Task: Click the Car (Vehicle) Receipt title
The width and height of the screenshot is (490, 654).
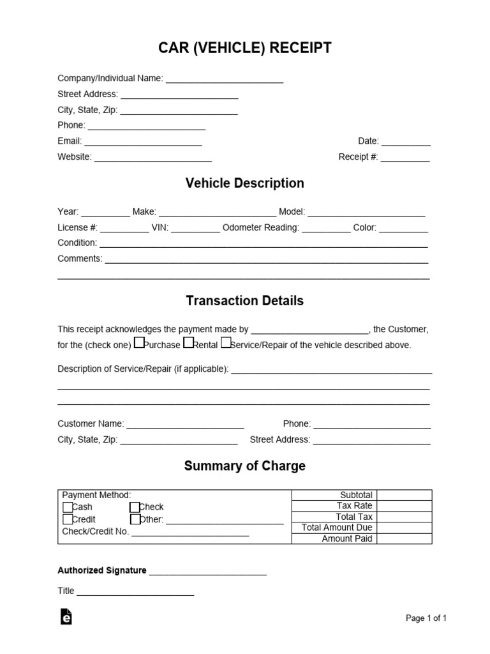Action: coord(245,49)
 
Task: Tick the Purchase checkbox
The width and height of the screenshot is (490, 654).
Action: coord(139,344)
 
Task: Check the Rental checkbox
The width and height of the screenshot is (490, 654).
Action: coord(188,344)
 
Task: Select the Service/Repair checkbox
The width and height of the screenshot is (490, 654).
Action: coord(225,344)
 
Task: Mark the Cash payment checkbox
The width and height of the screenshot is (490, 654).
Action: coord(68,507)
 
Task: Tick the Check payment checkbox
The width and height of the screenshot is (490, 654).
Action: coord(135,507)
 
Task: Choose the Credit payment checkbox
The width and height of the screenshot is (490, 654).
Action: coord(68,519)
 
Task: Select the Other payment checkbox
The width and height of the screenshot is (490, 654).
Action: coord(135,519)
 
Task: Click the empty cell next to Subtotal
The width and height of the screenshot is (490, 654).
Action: coord(404,495)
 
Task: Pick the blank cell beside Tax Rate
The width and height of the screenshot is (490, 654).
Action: coord(404,506)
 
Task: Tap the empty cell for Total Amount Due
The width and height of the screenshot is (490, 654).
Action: coord(404,528)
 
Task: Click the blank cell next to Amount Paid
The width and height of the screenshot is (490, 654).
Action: coord(404,538)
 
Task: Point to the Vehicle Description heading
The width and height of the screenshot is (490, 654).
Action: coord(244,183)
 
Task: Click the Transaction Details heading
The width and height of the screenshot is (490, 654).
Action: coord(244,300)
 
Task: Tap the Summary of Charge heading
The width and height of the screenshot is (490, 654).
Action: coord(244,466)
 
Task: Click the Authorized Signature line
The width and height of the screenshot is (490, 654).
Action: coord(207,572)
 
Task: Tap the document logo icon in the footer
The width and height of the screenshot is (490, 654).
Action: coord(66,616)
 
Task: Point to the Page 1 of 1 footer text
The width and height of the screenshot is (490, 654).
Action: coord(426,618)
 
